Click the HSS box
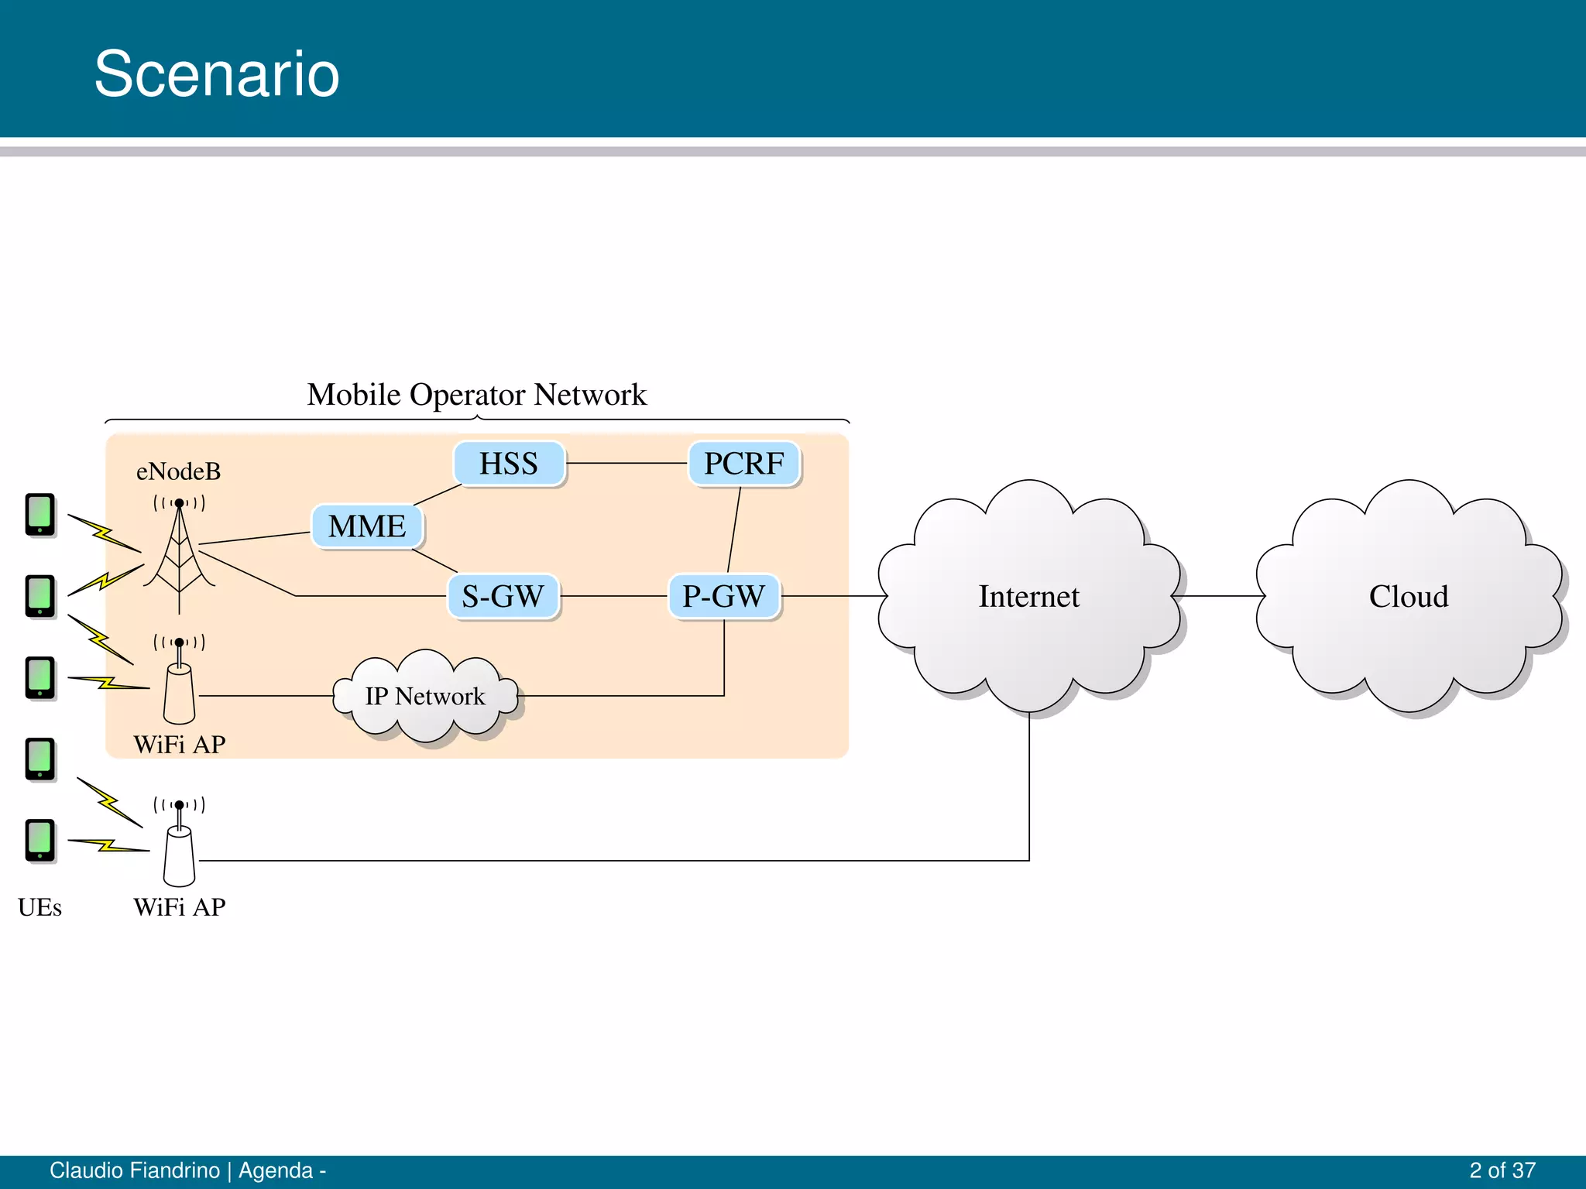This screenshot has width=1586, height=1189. (509, 464)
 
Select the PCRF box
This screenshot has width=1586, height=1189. (743, 464)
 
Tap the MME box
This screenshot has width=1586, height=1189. (367, 526)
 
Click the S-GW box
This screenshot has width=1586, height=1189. (503, 596)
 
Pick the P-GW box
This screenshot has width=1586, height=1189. (723, 596)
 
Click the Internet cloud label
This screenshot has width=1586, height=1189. (1028, 597)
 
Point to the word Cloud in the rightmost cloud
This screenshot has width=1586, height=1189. (1408, 597)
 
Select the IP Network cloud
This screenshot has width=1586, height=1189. (425, 696)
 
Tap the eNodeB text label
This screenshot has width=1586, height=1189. (178, 471)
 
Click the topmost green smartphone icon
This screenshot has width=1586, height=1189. (40, 514)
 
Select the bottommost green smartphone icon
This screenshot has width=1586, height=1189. (40, 840)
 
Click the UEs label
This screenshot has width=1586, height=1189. (39, 907)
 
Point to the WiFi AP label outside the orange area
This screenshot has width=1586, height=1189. (180, 907)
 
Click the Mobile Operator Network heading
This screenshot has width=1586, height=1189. (476, 395)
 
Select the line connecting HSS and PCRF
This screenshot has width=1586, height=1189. (627, 463)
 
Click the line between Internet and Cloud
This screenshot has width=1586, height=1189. (1220, 596)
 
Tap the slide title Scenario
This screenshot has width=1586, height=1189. (217, 74)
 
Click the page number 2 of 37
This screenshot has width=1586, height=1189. (1502, 1170)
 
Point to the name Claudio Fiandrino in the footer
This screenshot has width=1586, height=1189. (135, 1170)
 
